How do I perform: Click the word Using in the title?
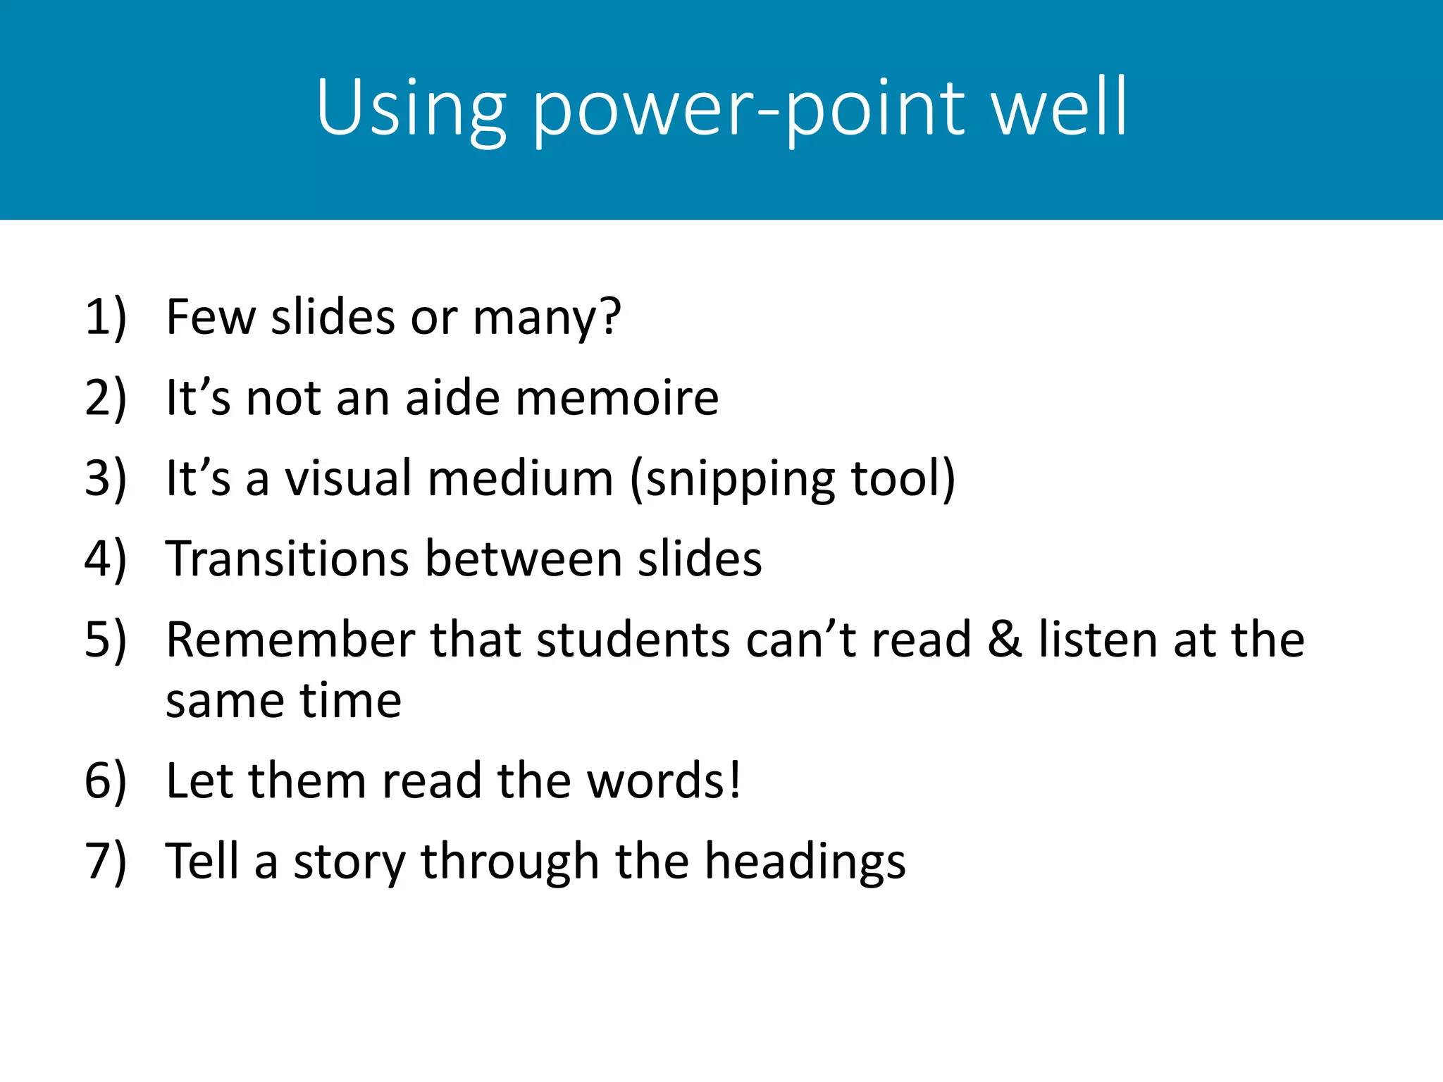pyautogui.click(x=411, y=109)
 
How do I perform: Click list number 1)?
pyautogui.click(x=106, y=317)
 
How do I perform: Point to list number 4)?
pyautogui.click(x=106, y=559)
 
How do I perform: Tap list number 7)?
pyautogui.click(x=106, y=862)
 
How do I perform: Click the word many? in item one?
pyautogui.click(x=547, y=318)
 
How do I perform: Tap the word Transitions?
pyautogui.click(x=287, y=559)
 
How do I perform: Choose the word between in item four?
pyautogui.click(x=524, y=559)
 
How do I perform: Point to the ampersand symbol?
pyautogui.click(x=1004, y=640)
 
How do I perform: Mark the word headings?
pyautogui.click(x=805, y=863)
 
